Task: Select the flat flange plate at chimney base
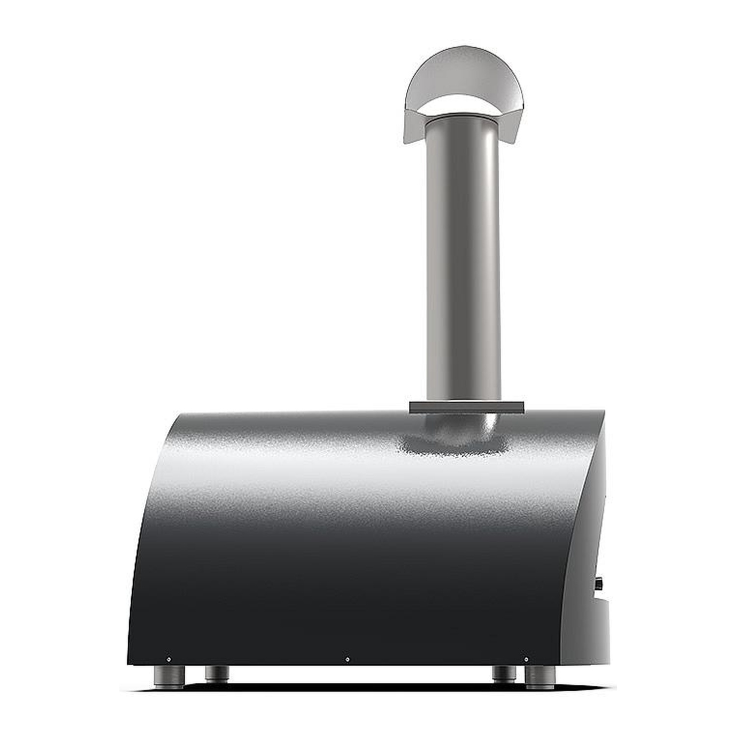tap(467, 407)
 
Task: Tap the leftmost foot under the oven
tap(169, 677)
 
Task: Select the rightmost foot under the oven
tap(540, 677)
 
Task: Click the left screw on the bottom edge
tap(169, 659)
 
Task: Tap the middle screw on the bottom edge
tap(347, 659)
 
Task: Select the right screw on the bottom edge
tap(526, 659)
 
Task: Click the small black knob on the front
tap(600, 584)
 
